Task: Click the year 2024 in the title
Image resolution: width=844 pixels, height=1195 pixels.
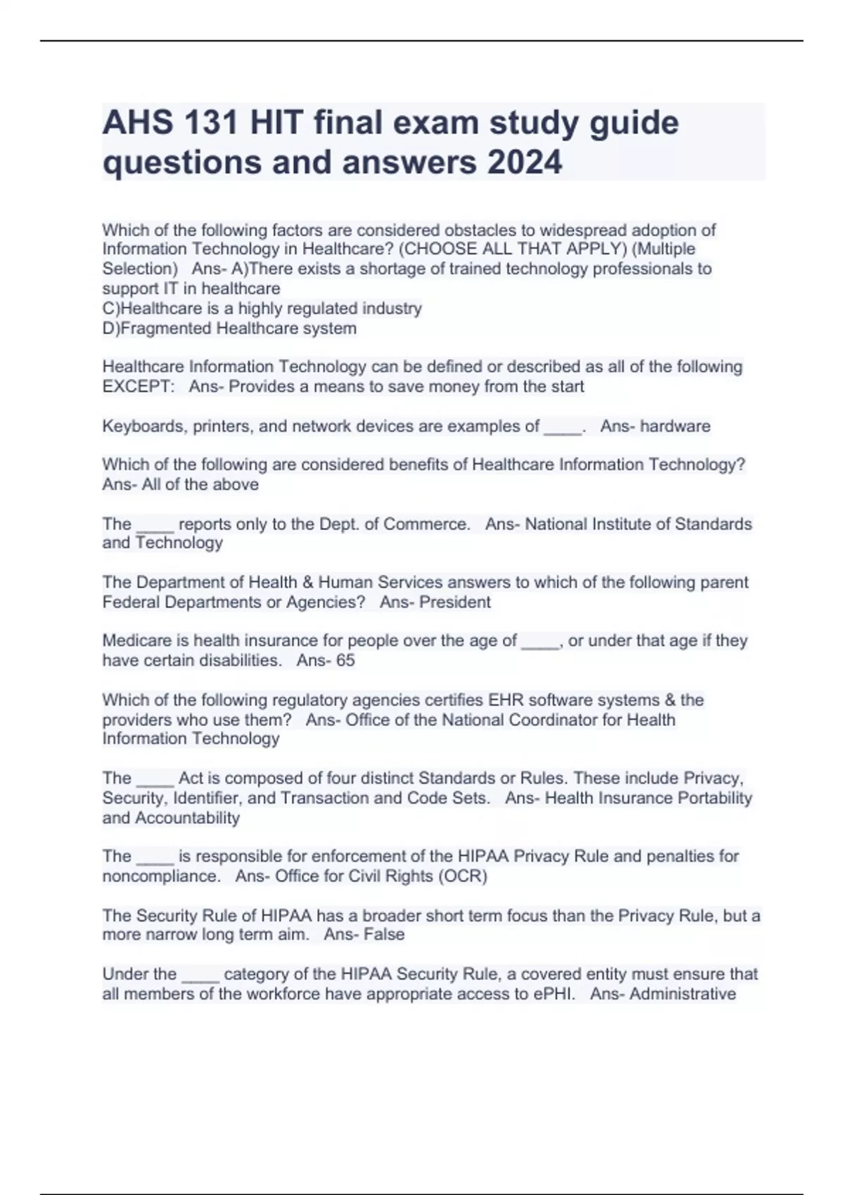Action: [x=524, y=162]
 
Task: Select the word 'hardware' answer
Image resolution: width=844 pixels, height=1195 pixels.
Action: [x=674, y=426]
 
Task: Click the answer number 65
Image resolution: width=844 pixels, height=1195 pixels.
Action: [x=345, y=660]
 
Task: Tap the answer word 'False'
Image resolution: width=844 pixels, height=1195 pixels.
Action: [x=384, y=934]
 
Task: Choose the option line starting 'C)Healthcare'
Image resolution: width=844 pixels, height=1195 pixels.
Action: [x=262, y=309]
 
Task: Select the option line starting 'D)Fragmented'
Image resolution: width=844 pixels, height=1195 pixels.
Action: [x=229, y=328]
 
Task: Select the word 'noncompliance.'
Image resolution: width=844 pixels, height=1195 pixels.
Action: [x=161, y=876]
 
